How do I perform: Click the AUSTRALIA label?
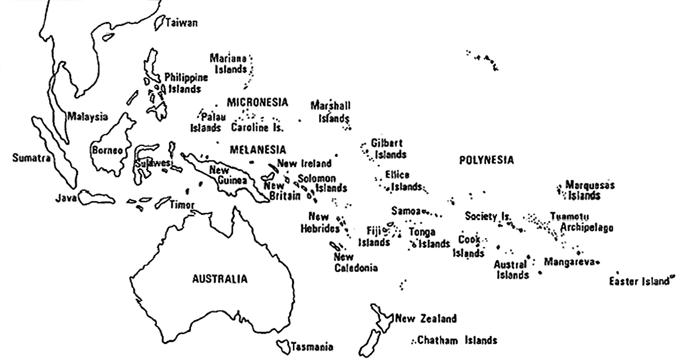(220, 279)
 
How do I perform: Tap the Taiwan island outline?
(159, 22)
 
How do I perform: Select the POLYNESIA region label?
(486, 160)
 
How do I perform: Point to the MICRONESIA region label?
(257, 102)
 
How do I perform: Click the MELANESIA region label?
(258, 149)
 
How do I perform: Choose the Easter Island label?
(638, 281)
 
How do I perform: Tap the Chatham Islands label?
(457, 340)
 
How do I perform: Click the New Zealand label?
(425, 319)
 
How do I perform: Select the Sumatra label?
(30, 158)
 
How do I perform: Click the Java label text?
(66, 198)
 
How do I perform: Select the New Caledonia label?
(356, 262)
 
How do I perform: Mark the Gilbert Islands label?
(388, 148)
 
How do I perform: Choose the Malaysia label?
(88, 117)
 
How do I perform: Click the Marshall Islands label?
(331, 112)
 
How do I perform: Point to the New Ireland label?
(304, 163)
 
